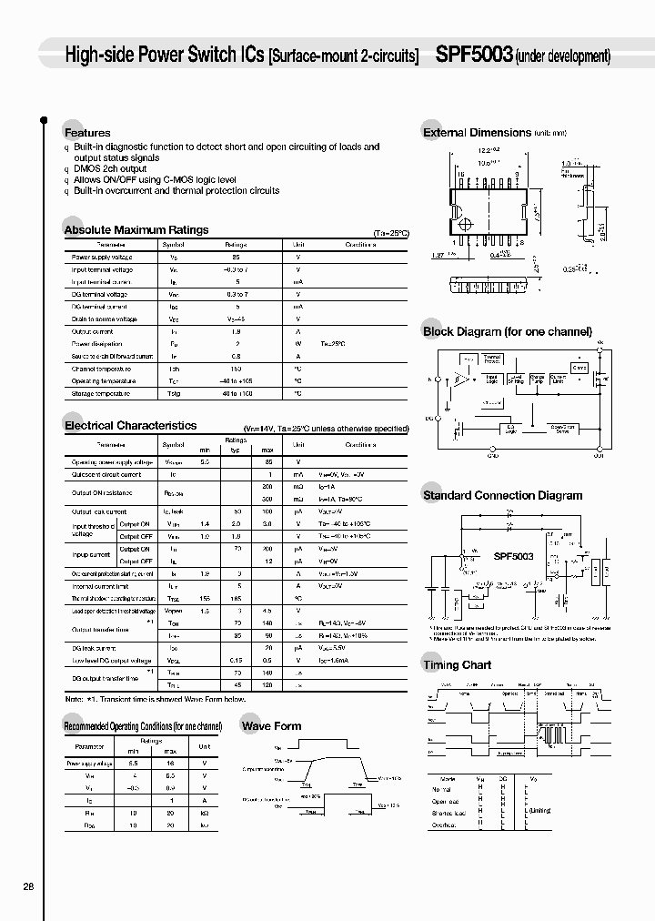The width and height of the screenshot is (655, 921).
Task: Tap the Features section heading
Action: coord(87,133)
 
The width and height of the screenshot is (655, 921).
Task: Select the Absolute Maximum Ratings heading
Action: coord(136,230)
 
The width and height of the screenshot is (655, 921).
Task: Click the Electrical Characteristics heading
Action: coord(130,425)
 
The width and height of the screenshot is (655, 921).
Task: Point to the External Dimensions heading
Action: coord(477,133)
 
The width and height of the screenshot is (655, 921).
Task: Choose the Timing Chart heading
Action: coord(457,665)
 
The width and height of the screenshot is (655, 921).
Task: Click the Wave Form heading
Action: coord(271,726)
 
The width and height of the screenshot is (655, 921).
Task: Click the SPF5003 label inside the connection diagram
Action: coord(514,555)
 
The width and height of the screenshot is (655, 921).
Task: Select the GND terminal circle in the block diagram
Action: coord(493,450)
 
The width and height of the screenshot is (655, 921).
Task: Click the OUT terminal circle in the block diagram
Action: coord(599,450)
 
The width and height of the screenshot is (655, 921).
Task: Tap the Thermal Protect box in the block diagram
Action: coord(492,359)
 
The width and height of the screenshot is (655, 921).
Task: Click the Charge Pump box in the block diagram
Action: coord(537,378)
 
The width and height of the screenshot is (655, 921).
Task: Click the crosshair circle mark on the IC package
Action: coord(465,224)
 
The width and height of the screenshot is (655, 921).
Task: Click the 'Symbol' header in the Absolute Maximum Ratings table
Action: coord(173,245)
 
